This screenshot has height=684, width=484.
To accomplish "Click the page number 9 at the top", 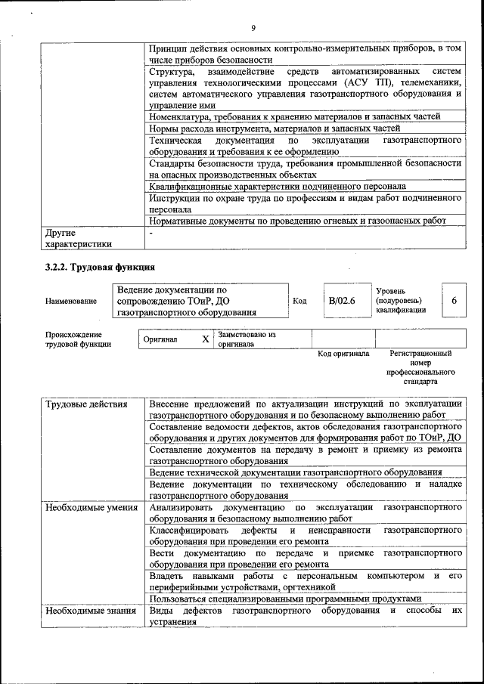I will coord(253,28).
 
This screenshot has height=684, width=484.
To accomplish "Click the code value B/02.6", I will coord(342,301).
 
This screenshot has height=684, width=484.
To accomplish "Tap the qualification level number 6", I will coord(454,301).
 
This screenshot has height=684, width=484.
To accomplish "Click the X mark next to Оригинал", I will coord(205,339).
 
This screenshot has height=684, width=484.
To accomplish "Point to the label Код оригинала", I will coord(343,353).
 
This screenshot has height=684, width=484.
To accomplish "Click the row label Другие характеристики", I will coord(79,238).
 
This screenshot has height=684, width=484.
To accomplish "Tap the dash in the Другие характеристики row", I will coord(151,234).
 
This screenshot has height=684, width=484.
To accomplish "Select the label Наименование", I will coord(71,302).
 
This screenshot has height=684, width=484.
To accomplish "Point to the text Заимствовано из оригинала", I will coord(247,339).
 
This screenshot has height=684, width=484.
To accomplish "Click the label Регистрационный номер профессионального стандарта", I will coord(420,367).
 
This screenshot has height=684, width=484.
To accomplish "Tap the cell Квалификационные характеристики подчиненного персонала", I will coord(278,186).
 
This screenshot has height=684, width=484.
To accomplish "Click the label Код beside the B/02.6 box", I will coord(299,301).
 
